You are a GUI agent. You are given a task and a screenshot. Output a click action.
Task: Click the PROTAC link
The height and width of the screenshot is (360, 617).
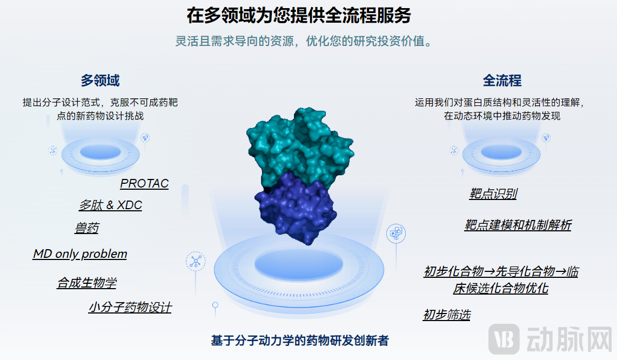point(144,184)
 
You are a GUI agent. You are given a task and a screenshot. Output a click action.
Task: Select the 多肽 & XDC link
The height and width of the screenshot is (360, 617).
point(111,205)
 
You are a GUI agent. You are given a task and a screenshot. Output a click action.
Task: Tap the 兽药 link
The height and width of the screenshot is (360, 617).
point(87,228)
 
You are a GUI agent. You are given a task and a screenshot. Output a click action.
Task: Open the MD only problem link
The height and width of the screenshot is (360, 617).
point(80,254)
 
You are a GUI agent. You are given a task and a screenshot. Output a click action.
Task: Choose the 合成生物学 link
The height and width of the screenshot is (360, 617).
point(87,283)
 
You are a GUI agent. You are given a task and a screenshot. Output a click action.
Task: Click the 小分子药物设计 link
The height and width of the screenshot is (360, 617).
point(130,307)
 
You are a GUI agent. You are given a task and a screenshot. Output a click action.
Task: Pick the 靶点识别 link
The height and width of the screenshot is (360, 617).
point(493,194)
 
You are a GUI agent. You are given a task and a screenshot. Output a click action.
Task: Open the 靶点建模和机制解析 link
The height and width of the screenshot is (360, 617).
point(518,225)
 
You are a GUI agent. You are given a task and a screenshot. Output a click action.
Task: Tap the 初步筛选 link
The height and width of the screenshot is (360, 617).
point(447,315)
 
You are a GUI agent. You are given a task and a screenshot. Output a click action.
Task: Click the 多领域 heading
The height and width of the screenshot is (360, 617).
point(100,81)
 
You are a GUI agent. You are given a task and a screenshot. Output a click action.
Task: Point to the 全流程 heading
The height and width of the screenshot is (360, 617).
point(502,81)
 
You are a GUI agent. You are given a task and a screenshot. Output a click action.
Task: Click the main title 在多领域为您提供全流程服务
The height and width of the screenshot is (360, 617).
point(299,15)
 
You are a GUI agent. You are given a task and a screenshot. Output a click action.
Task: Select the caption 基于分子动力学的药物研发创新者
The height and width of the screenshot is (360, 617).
point(300,341)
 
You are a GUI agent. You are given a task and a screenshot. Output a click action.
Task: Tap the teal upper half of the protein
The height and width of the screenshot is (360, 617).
point(300,146)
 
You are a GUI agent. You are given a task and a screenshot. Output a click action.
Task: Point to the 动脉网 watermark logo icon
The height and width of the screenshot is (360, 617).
point(504,339)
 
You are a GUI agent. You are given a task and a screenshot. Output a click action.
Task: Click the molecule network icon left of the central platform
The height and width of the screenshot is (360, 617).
point(196,262)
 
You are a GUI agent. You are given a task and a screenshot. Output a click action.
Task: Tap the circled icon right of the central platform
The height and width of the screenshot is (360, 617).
point(396,233)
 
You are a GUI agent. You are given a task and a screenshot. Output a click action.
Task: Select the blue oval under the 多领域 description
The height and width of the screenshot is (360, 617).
point(100,152)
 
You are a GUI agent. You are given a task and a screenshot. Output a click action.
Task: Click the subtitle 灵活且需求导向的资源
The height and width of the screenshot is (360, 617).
point(234,41)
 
